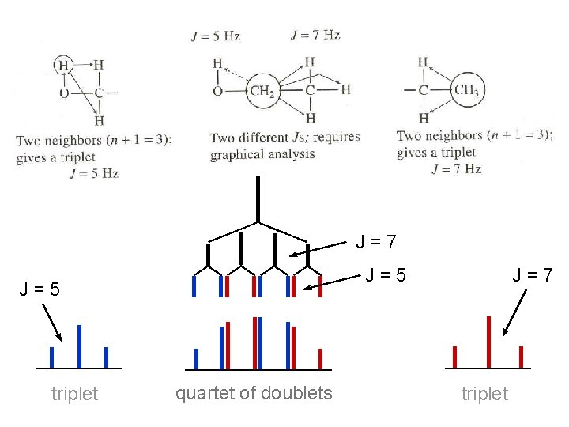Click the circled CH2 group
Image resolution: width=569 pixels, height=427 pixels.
coord(261,90)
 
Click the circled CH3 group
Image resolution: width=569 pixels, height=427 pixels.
coord(466,90)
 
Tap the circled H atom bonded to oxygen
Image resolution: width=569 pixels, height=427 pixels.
coord(64,65)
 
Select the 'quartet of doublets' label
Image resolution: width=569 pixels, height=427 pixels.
coord(253,393)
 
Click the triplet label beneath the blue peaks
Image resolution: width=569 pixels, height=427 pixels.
coord(74,394)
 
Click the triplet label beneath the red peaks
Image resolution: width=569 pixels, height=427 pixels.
coord(484,394)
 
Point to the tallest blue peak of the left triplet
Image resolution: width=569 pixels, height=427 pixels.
coord(79,346)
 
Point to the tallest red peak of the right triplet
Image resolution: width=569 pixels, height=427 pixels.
coord(489,342)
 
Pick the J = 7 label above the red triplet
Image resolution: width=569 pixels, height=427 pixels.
coord(532,275)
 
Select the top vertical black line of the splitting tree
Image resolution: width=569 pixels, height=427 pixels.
coord(258,198)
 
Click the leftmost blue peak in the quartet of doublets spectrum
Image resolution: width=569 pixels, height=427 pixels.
coord(197,358)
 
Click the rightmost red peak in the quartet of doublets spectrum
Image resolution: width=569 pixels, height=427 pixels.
coord(320,358)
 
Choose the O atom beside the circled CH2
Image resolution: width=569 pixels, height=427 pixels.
coord(218,91)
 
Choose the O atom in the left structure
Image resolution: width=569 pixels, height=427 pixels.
coord(65,93)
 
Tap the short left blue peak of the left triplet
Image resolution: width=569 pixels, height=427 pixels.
coord(52,357)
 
